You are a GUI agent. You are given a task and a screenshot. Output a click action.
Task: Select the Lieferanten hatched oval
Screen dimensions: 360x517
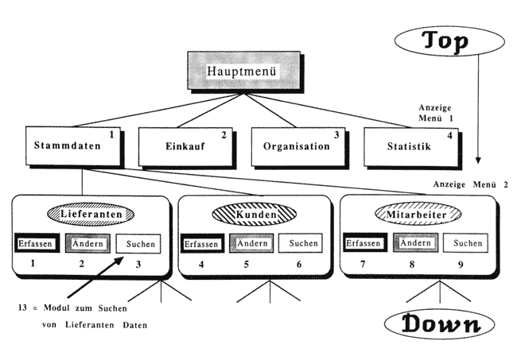pyautogui.click(x=89, y=214)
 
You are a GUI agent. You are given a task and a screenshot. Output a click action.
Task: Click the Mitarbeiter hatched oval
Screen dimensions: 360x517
pyautogui.click(x=418, y=215)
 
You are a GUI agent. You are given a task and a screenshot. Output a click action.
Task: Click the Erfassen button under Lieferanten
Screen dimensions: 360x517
pyautogui.click(x=37, y=243)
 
